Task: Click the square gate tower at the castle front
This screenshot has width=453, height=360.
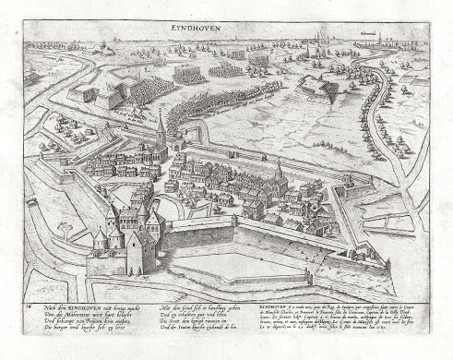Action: tap(139, 251)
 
